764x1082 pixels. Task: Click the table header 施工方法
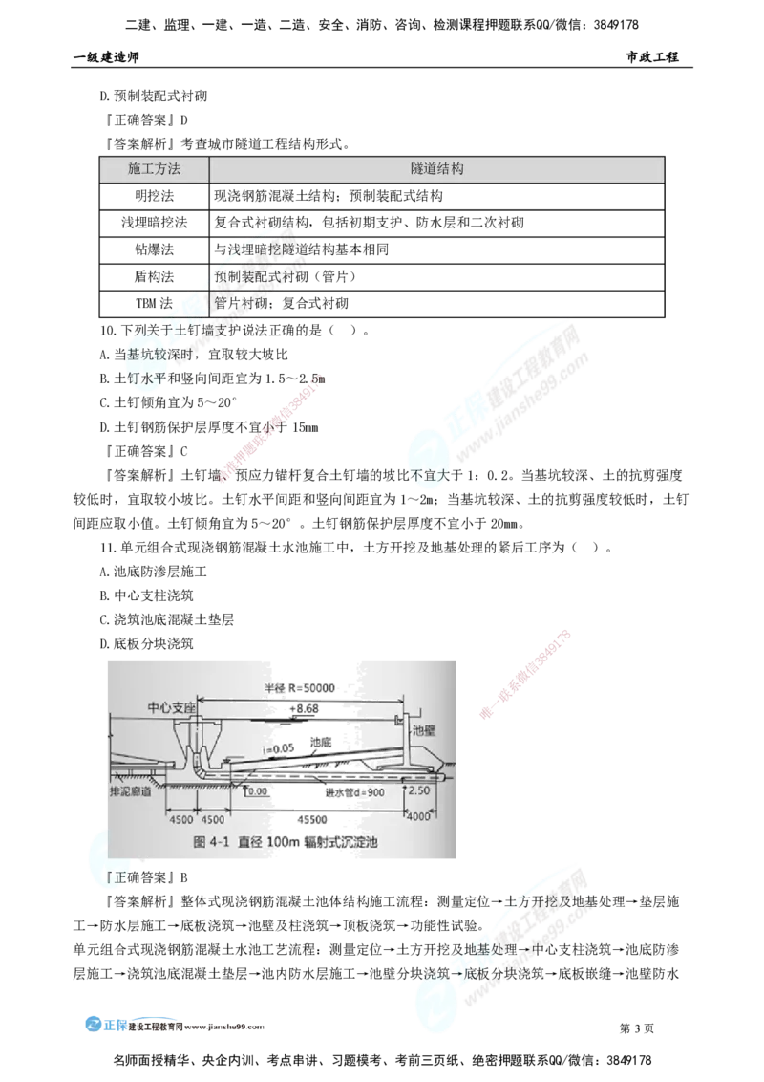[x=154, y=168]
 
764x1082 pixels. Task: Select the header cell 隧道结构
[x=436, y=168]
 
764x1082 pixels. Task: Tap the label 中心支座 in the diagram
[x=171, y=709]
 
